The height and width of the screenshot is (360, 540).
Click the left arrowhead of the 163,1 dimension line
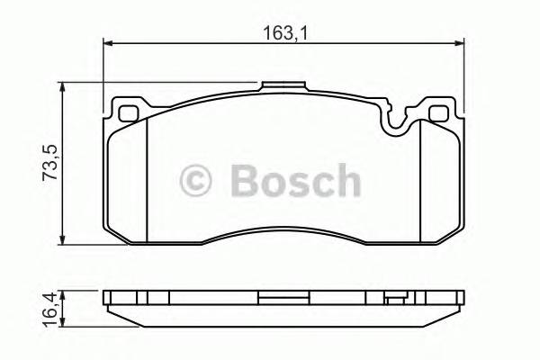click(x=108, y=43)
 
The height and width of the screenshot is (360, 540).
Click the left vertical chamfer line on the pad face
click(x=147, y=180)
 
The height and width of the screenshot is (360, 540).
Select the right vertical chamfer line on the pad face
click(x=419, y=180)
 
